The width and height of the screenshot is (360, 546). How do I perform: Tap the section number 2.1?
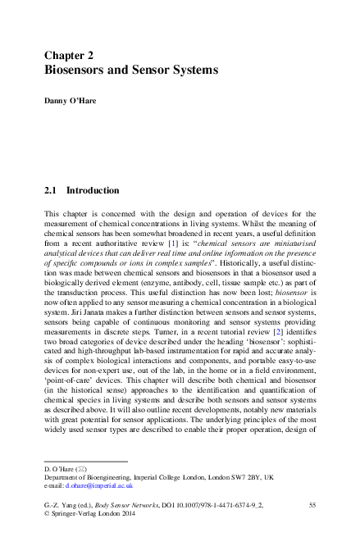pos(50,190)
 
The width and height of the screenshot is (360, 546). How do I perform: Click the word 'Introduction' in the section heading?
pos(92,190)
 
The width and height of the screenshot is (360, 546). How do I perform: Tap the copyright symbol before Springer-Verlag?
pos(47,519)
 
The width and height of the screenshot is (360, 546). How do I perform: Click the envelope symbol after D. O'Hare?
pos(80,467)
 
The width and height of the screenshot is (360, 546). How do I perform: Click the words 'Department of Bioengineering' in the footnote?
pos(85,476)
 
